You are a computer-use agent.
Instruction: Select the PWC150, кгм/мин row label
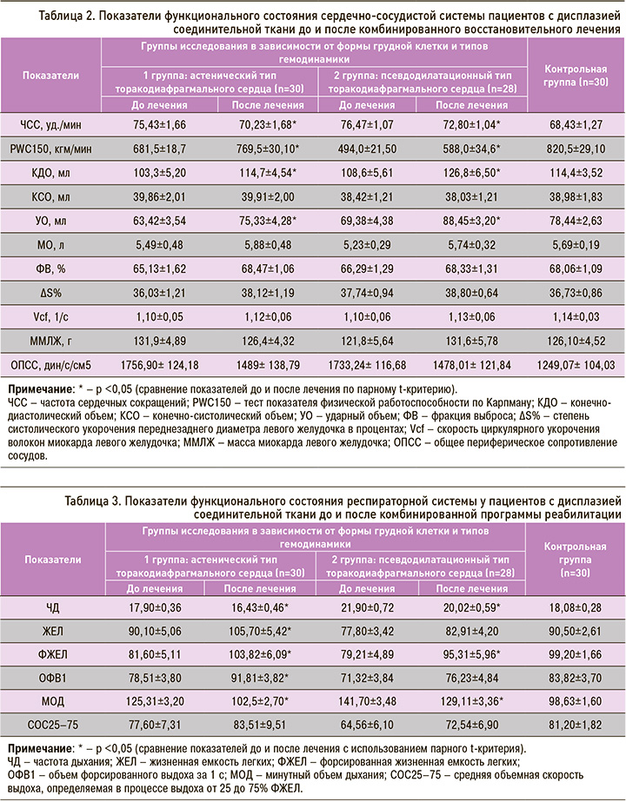coord(52,149)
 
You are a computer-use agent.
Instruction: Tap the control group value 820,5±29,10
coord(574,149)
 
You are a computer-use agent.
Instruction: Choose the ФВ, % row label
coord(52,270)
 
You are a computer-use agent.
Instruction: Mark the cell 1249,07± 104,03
coord(574,344)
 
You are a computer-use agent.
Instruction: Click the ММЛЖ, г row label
coord(52,320)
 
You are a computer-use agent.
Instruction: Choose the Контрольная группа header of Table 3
coord(574,560)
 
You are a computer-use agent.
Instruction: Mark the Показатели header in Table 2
coord(52,75)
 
